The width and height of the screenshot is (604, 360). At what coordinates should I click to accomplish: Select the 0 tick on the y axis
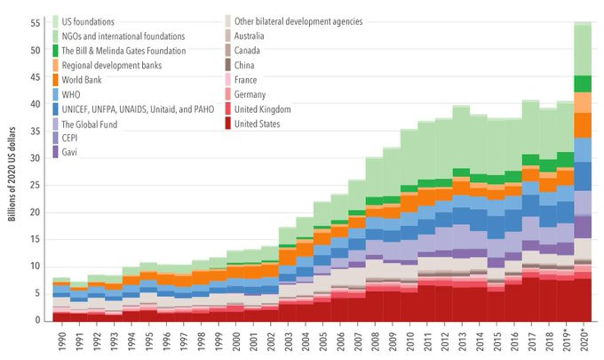point(38,320)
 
